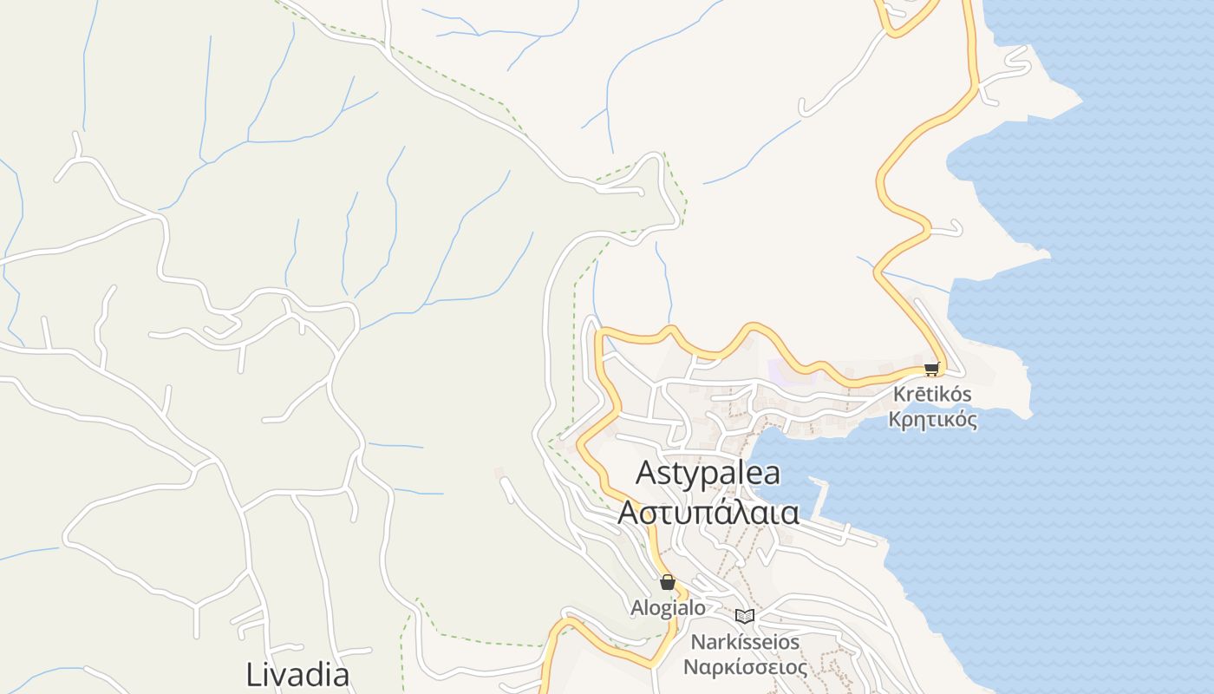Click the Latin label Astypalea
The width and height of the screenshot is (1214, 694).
[708, 474]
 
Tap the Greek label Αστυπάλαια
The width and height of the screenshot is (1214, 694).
[708, 513]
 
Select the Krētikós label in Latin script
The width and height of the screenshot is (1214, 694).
[932, 395]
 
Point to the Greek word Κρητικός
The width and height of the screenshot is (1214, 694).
[932, 421]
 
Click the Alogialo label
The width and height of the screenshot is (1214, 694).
[668, 609]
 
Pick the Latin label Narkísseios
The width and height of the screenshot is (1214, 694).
[745, 643]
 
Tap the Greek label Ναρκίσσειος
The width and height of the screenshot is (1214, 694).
[745, 668]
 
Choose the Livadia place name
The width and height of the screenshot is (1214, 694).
[297, 675]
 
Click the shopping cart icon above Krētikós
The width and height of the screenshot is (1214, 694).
[932, 370]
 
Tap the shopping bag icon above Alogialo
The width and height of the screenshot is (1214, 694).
[667, 582]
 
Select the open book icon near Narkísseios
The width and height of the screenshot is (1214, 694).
[744, 616]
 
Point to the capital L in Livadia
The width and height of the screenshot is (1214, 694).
[254, 675]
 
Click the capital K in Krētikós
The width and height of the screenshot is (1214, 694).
[899, 395]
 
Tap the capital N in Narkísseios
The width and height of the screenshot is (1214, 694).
[697, 643]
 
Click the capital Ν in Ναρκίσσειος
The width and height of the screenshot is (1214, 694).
[690, 668]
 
